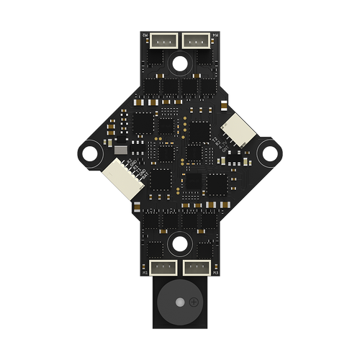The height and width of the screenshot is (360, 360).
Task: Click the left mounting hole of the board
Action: tap(91, 153)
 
